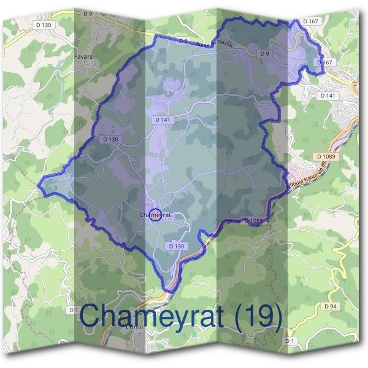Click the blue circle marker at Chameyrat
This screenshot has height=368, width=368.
155,215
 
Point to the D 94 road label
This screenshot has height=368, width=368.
331,305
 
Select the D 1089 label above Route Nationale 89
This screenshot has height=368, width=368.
327,157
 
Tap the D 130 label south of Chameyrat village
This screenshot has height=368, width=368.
176,246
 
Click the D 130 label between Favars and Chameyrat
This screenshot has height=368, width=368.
110,139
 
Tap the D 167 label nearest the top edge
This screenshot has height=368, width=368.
311,21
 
